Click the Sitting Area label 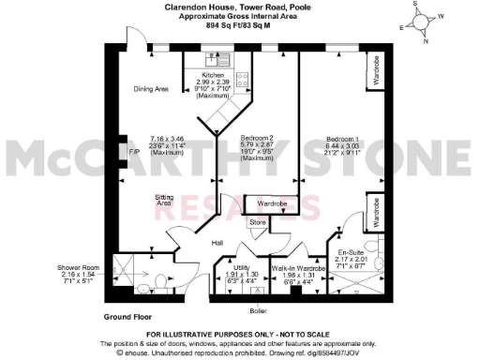[164, 200]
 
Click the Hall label [217, 243]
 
